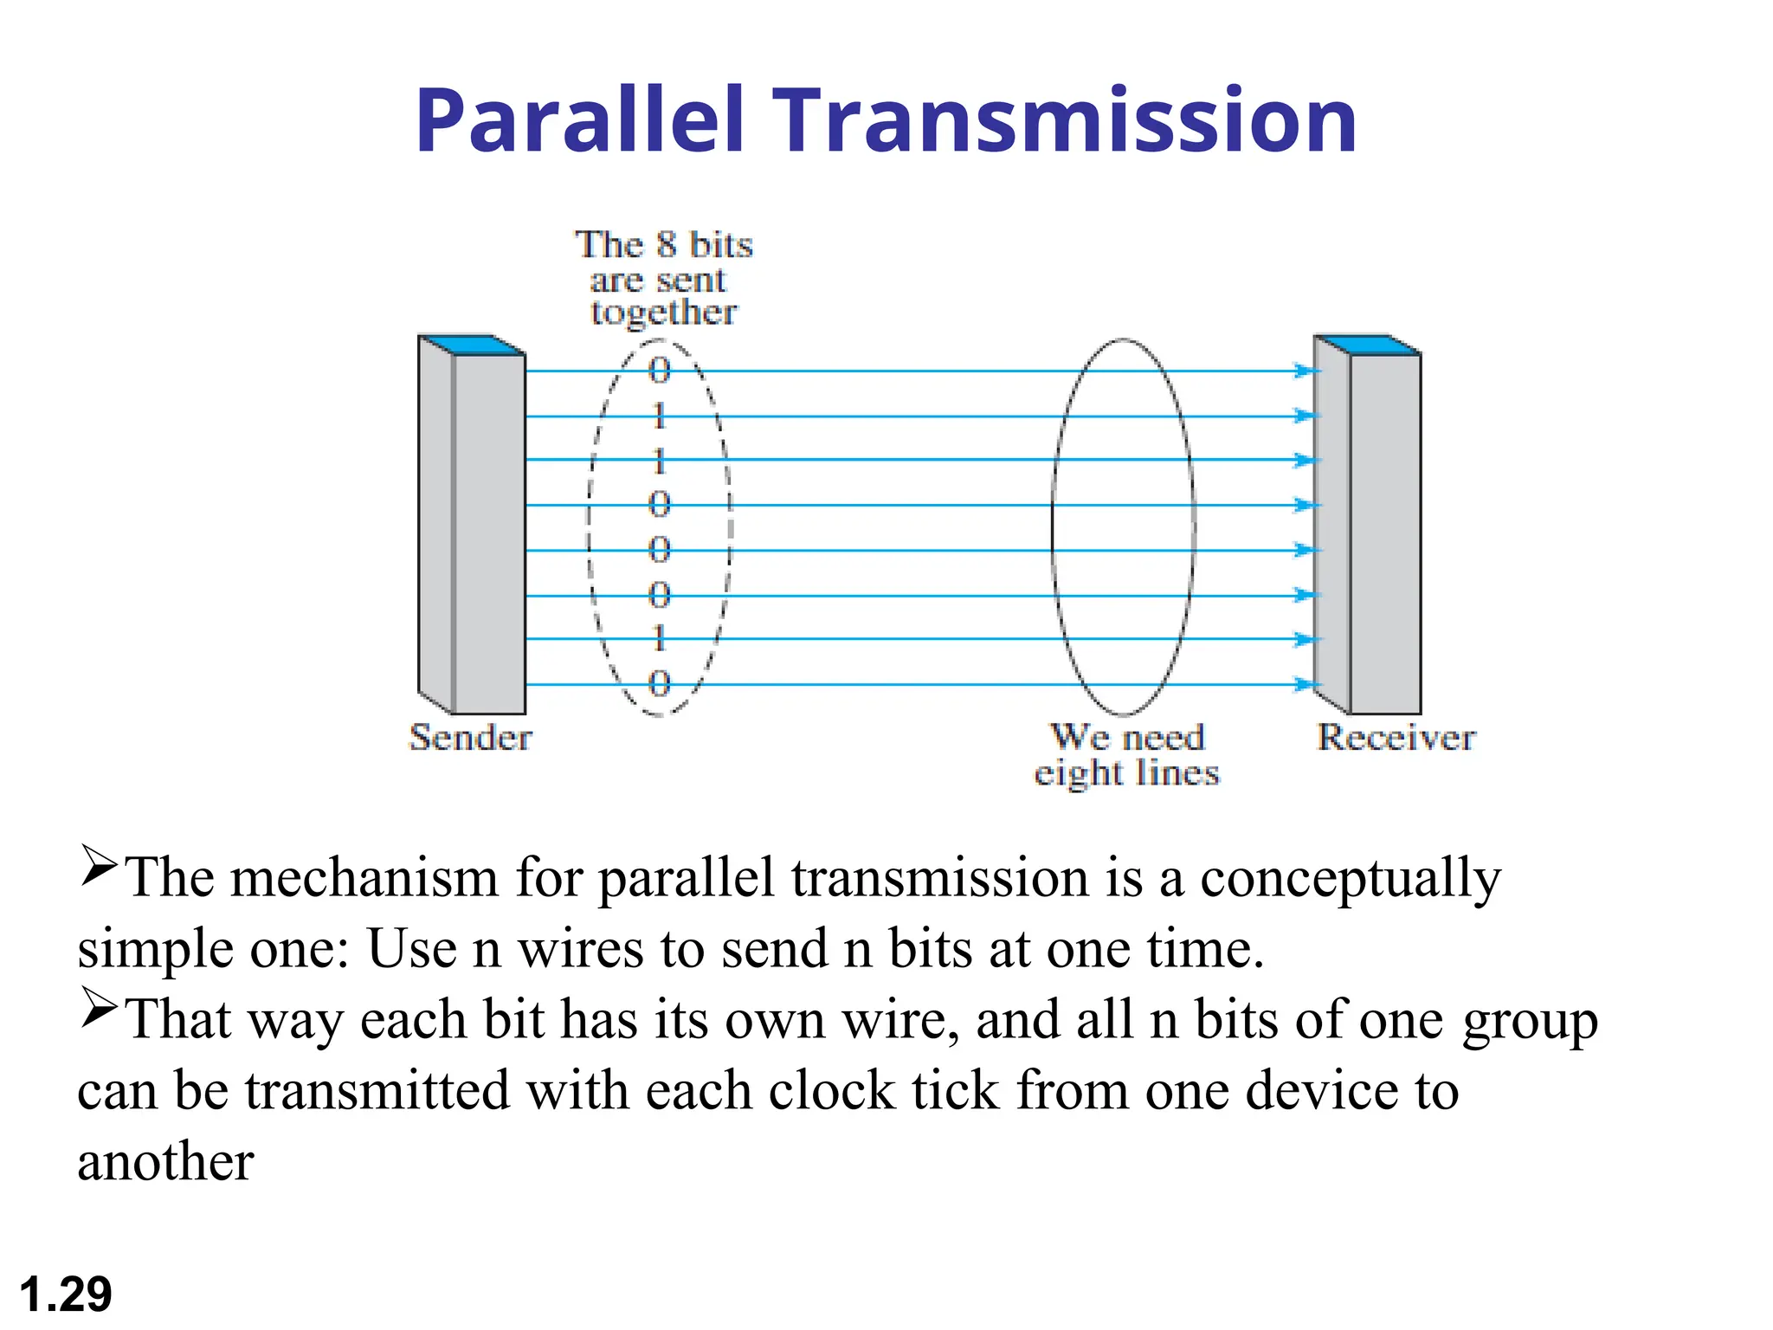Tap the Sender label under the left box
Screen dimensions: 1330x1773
click(470, 738)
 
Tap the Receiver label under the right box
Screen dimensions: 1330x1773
click(1396, 738)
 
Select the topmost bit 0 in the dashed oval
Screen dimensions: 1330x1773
click(660, 371)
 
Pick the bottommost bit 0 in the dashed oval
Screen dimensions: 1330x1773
click(660, 684)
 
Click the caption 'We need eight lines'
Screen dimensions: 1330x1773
click(1127, 755)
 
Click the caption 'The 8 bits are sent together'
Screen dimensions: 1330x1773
click(663, 279)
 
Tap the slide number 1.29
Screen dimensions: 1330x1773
click(66, 1294)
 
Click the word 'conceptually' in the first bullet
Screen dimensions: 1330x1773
click(1351, 879)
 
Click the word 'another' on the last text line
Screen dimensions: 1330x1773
click(165, 1162)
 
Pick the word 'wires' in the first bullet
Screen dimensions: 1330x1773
click(581, 949)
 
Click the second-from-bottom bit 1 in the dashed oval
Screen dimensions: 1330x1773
click(660, 639)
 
